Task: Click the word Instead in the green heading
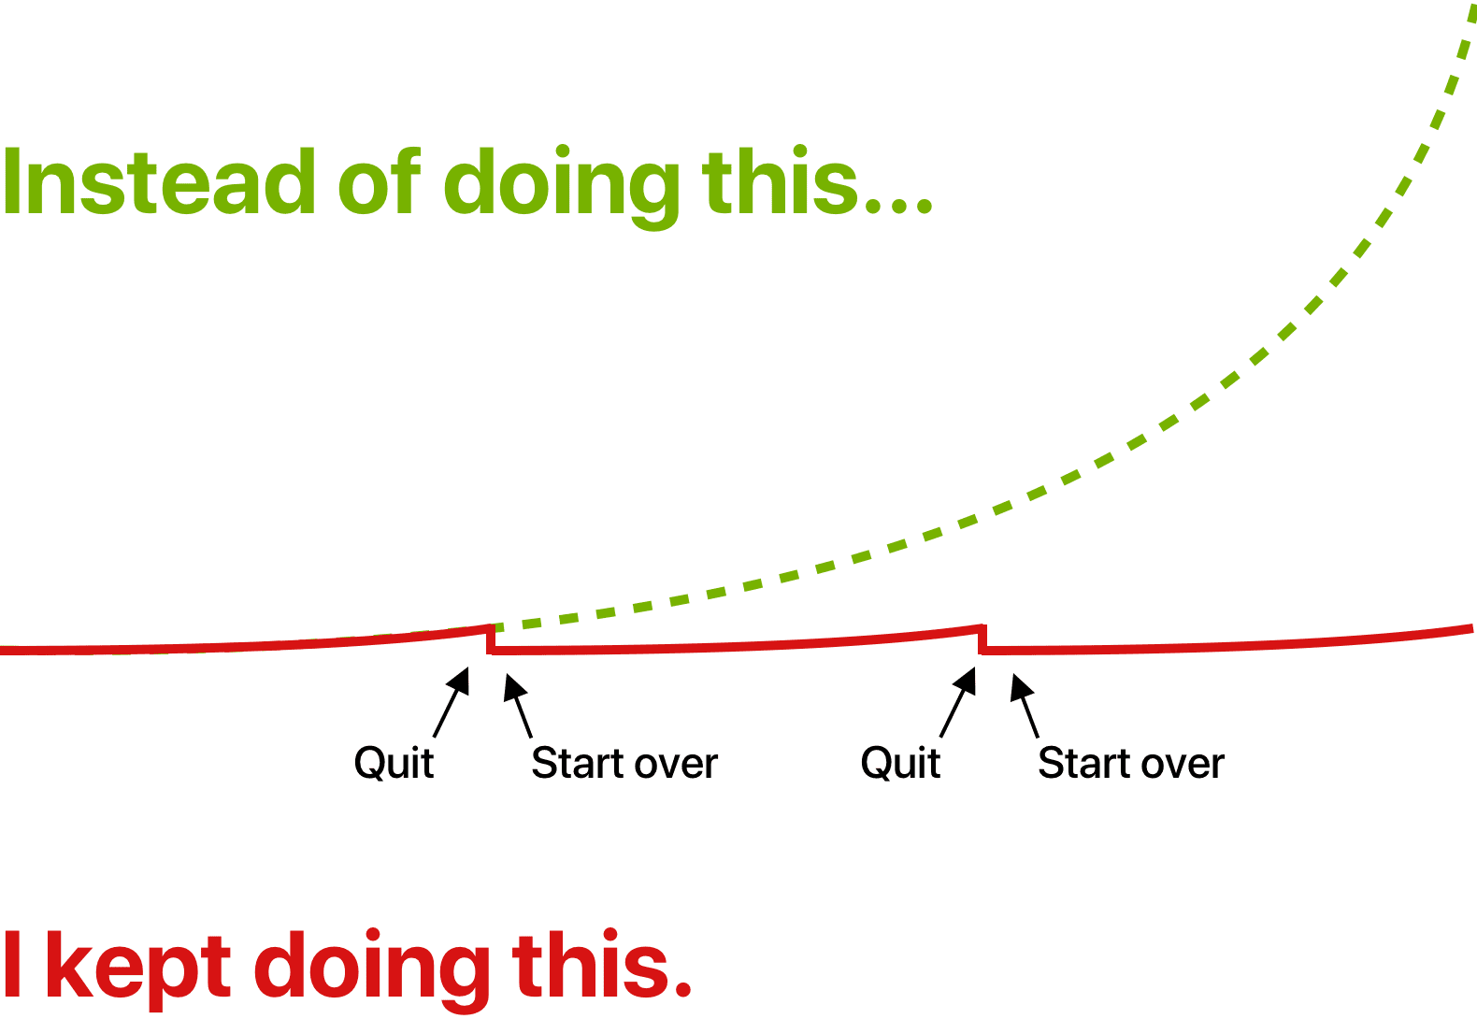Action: pyautogui.click(x=159, y=181)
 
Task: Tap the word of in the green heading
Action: pyautogui.click(x=380, y=180)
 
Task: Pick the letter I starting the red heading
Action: pyautogui.click(x=12, y=964)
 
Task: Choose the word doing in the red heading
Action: pyautogui.click(x=372, y=969)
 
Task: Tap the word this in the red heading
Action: pyautogui.click(x=590, y=963)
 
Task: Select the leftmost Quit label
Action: pyautogui.click(x=394, y=764)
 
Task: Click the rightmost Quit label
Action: pyautogui.click(x=900, y=764)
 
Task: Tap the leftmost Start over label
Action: pyautogui.click(x=624, y=763)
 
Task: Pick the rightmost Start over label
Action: pyautogui.click(x=1131, y=763)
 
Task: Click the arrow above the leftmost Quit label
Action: pyautogui.click(x=451, y=702)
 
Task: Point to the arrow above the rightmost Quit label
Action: pyautogui.click(x=957, y=702)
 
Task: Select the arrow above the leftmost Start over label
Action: pyautogui.click(x=518, y=706)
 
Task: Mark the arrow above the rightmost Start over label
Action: pyautogui.click(x=1025, y=706)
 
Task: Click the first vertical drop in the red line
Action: pyautogui.click(x=491, y=639)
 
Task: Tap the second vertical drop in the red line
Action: pyautogui.click(x=982, y=639)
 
